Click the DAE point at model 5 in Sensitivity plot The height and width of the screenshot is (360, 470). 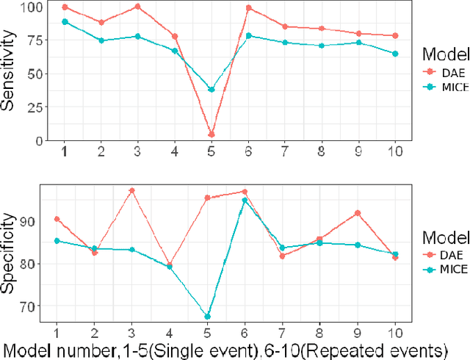(211, 134)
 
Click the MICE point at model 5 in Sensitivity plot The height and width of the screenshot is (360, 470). (211, 90)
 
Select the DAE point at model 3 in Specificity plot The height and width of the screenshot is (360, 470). (132, 190)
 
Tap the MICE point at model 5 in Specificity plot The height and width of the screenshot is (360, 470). (207, 317)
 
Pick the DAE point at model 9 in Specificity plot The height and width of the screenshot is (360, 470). (358, 213)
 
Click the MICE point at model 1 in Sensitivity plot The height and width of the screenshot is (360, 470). (65, 22)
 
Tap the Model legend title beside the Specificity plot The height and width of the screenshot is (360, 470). (445, 237)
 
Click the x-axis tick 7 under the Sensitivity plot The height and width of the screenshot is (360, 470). (283, 151)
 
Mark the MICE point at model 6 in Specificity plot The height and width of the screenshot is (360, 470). (245, 200)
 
